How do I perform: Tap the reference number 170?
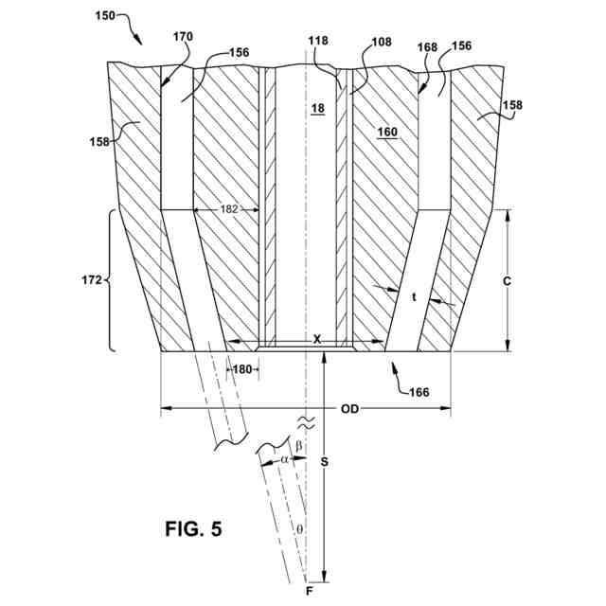(183, 37)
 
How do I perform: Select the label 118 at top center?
(318, 43)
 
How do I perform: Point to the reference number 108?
(382, 43)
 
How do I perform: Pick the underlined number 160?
(387, 133)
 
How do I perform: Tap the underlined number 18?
(317, 109)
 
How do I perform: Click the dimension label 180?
(243, 369)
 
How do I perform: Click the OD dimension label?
(348, 410)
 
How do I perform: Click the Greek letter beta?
(299, 445)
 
